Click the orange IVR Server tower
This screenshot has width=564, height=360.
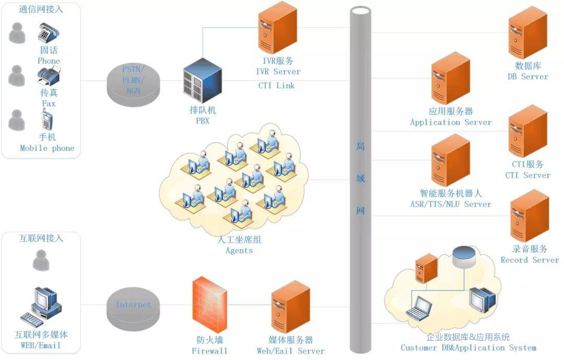277,27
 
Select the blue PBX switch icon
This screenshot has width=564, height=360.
202,81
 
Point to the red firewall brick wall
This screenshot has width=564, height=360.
210,305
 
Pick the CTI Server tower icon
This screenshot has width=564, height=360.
527,131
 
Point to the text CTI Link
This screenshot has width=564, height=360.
276,86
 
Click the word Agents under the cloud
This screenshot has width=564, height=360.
239,251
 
